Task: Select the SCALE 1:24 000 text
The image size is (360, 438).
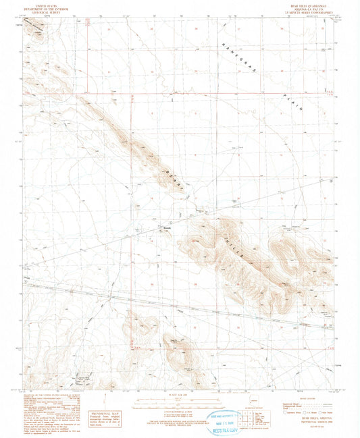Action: coord(179,394)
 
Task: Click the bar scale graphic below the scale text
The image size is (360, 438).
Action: coord(179,402)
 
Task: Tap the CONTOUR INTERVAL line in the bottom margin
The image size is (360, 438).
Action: coord(179,411)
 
